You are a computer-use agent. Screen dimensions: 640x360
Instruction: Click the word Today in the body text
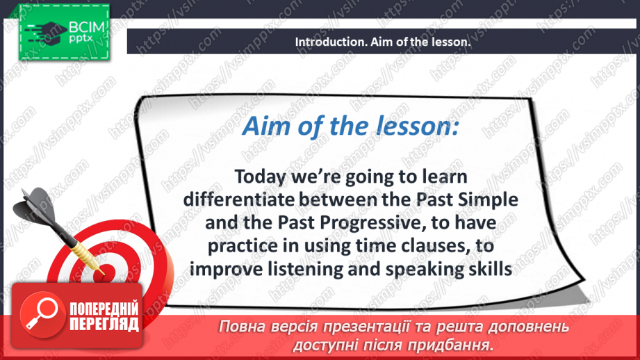coord(260,177)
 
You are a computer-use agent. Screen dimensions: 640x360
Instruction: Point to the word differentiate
coord(239,199)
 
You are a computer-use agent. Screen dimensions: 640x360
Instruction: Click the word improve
coord(226,270)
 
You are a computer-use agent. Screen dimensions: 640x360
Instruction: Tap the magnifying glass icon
coord(42,315)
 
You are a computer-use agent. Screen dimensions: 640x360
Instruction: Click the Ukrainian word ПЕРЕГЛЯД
coord(104,325)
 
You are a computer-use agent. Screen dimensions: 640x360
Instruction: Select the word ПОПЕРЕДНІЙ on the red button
coord(104,309)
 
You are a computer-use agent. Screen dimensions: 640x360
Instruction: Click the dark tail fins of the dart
coord(34,207)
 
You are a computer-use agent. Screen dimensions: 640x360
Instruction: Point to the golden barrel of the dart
coord(83,252)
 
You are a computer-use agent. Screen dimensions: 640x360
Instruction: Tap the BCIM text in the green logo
coord(87,28)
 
